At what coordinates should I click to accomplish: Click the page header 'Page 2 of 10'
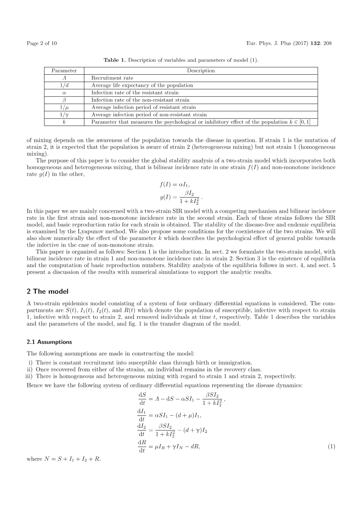click(42, 43)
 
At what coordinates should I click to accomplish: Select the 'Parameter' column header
click(64, 71)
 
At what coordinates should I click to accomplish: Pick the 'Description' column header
click(201, 71)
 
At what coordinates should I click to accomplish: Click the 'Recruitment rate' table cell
click(112, 78)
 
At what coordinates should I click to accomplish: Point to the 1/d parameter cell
click(64, 85)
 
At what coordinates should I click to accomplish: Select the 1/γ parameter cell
click(64, 115)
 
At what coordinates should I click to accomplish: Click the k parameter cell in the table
click(64, 122)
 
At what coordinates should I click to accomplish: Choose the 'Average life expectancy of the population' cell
click(142, 85)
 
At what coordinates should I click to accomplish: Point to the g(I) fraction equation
click(181, 197)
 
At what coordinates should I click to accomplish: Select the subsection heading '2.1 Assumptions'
click(49, 342)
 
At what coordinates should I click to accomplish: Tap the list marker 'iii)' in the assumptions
click(28, 376)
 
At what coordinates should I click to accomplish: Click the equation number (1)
click(331, 447)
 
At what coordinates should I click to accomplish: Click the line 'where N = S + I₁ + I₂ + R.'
click(63, 459)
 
